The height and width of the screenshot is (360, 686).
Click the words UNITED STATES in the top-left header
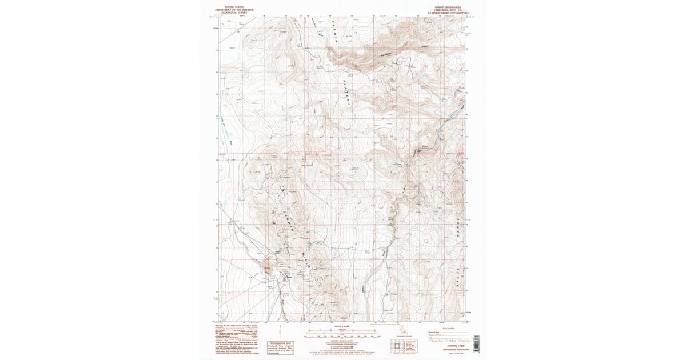click(226, 7)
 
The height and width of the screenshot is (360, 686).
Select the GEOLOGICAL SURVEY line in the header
click(226, 12)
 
